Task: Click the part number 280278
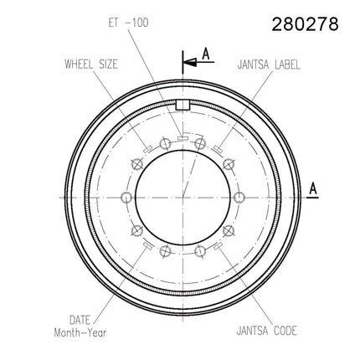tap(305, 24)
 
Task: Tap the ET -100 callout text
tap(128, 23)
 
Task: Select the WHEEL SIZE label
tap(91, 64)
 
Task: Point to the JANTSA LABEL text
tap(269, 64)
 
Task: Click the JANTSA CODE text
tap(266, 331)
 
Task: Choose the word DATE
tap(80, 320)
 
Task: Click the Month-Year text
tap(80, 332)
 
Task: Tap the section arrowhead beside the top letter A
tap(189, 62)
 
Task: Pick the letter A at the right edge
tap(313, 188)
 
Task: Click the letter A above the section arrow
tap(206, 54)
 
